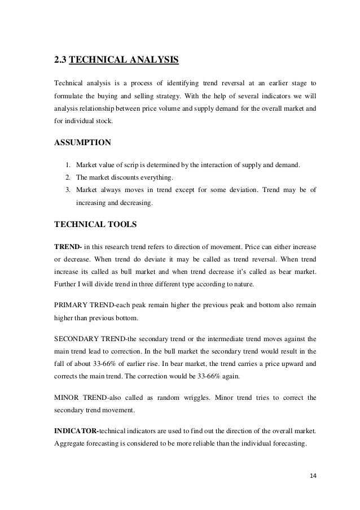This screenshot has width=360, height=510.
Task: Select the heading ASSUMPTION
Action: [82, 142]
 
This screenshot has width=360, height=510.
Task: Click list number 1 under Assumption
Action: [67, 165]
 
